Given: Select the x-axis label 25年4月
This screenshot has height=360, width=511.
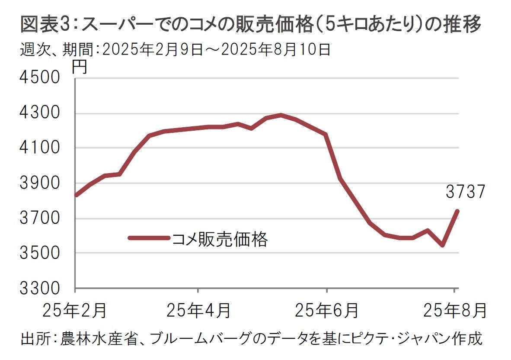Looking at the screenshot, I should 198,310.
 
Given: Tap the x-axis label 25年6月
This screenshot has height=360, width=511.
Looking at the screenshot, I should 326,310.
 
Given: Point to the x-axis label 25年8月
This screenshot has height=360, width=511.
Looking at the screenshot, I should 455,310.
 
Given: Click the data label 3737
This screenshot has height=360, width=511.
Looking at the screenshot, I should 465,192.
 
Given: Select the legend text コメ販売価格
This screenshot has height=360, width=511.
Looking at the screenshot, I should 220,239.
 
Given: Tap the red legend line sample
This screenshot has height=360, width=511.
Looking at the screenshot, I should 149,238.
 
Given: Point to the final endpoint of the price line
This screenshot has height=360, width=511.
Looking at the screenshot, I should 457,211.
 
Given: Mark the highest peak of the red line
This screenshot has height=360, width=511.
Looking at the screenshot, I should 281,115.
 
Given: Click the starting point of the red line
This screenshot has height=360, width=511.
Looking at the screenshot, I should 76,195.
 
